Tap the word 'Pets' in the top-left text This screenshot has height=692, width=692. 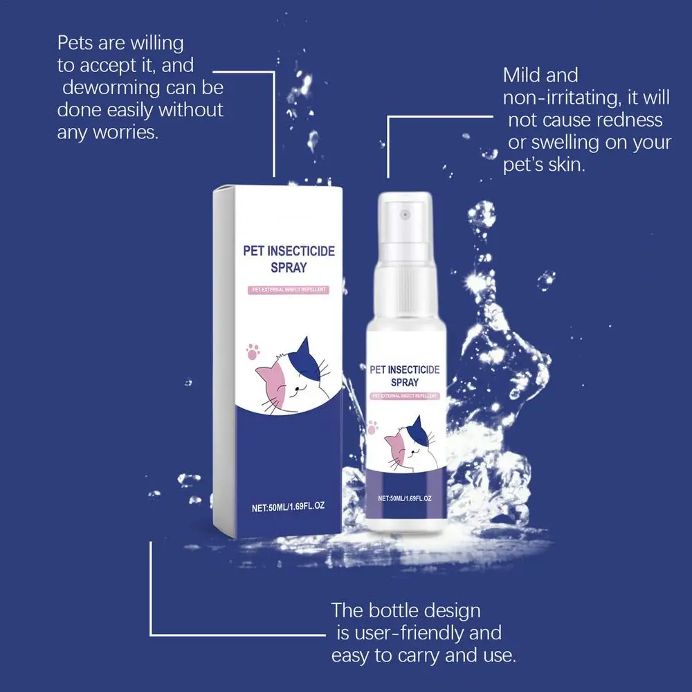pos(75,43)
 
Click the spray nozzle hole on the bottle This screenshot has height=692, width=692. pos(405,215)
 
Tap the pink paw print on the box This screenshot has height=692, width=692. pos(253,352)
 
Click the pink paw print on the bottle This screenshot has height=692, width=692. pos(372,427)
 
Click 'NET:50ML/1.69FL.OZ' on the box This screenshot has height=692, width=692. pos(288,507)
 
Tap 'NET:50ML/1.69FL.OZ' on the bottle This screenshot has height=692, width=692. pos(405,498)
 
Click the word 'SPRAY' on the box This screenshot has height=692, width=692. pos(289,267)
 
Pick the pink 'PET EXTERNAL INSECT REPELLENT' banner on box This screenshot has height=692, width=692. pos(288,290)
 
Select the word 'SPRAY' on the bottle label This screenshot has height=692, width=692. pos(405,382)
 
